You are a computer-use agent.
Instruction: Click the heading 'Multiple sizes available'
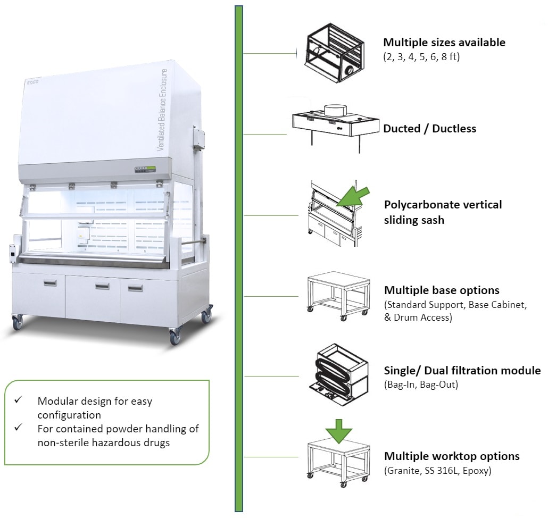click(x=444, y=43)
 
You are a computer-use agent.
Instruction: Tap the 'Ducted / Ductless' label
click(x=429, y=129)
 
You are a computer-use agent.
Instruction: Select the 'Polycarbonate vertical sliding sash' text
click(x=443, y=212)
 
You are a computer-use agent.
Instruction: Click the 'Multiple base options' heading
click(x=442, y=290)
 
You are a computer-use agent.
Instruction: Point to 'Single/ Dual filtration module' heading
click(x=462, y=371)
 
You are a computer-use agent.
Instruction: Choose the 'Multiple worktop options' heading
click(x=452, y=456)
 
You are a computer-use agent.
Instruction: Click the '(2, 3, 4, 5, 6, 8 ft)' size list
click(x=421, y=56)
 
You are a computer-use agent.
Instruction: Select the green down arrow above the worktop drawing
click(x=339, y=430)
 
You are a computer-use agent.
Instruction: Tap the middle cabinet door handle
click(x=102, y=287)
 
